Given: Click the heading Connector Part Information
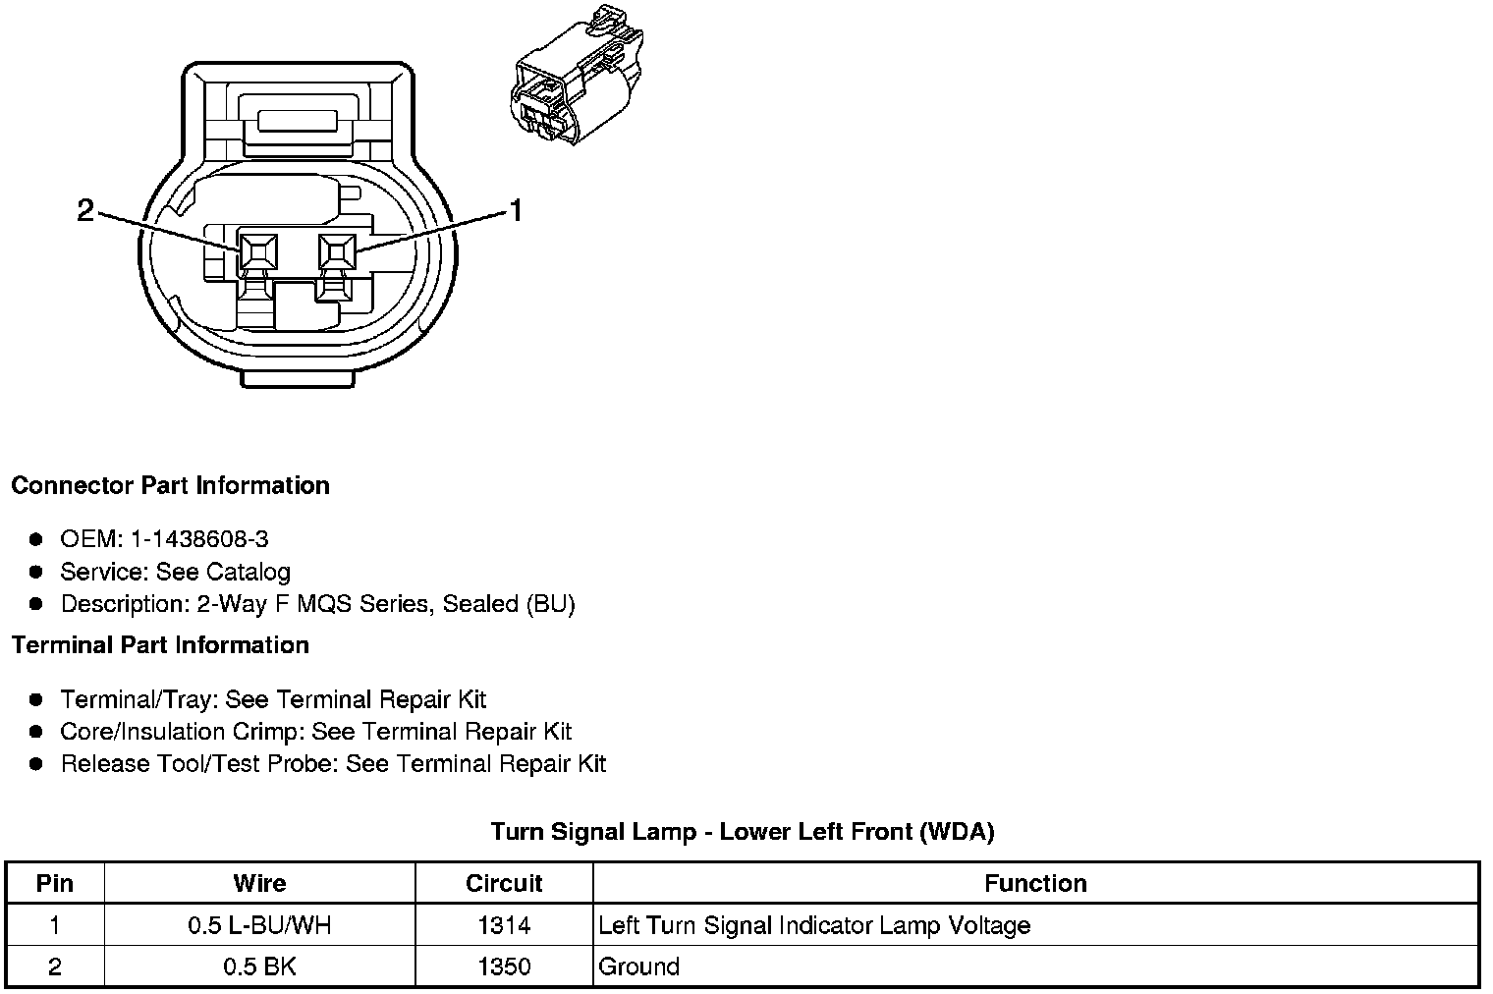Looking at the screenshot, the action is click(170, 485).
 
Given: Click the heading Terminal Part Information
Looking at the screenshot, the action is click(160, 645).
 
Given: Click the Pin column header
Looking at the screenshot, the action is click(55, 883).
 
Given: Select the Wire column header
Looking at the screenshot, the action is click(260, 883).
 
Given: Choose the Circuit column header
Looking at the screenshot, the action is click(504, 883).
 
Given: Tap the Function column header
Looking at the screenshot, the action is click(1035, 883).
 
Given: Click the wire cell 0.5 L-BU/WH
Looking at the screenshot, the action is click(260, 925).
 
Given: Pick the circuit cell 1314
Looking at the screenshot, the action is click(504, 925).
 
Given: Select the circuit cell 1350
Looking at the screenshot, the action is click(504, 966).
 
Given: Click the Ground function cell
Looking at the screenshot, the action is click(639, 966).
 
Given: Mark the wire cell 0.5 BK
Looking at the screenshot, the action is click(260, 966).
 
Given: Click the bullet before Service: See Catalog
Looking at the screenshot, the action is click(36, 572).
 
